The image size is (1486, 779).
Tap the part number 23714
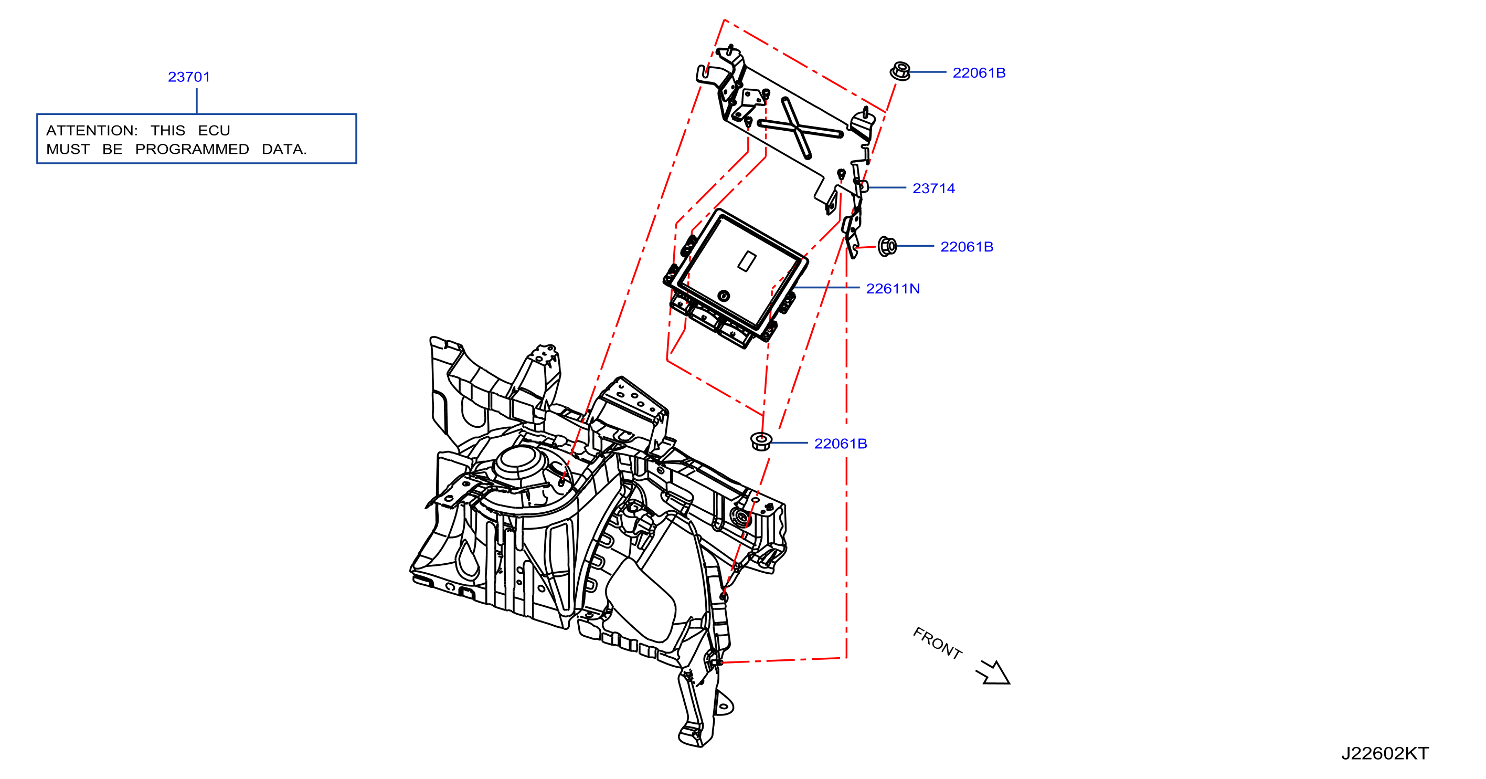pos(933,188)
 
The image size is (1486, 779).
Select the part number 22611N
pos(893,289)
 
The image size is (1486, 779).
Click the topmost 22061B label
pos(979,73)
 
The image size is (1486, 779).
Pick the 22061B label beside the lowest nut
pos(841,443)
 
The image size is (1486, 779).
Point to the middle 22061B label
pos(967,246)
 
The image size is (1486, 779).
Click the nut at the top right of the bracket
pos(900,71)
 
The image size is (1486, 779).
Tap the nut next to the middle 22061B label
pos(887,246)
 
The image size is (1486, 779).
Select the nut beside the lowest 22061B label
pos(761,441)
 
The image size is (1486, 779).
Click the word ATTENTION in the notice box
pos(92,130)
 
